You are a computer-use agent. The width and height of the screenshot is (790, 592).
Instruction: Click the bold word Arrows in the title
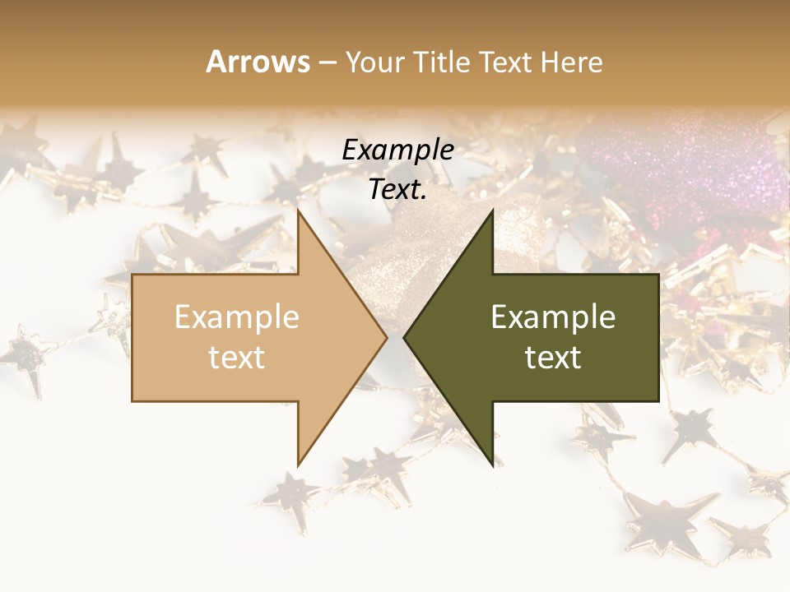point(258,62)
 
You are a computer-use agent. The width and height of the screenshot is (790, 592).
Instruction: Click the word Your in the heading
point(372,62)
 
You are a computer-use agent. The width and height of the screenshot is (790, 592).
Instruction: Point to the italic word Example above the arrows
point(397,150)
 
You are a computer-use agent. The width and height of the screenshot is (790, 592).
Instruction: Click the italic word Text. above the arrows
point(397,189)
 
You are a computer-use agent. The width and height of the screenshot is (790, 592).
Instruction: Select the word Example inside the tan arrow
point(237,317)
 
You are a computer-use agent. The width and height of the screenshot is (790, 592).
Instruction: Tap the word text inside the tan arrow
point(237,358)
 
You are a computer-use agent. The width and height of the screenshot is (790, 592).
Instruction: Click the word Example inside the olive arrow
point(553,317)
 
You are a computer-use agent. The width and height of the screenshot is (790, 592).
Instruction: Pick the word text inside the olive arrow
point(553,358)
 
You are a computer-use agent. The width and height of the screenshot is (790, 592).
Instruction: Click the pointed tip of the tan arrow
point(386,337)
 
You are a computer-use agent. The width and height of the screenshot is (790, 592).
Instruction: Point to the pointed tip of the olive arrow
point(405,337)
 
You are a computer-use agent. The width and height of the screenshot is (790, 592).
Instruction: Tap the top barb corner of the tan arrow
point(298,210)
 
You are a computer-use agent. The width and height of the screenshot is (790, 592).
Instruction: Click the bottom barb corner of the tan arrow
point(298,465)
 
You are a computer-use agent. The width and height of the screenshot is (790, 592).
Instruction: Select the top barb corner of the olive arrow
point(492,210)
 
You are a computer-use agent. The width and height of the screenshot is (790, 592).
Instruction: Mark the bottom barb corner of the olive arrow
point(492,465)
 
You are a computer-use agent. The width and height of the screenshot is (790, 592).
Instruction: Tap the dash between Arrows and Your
point(326,62)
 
